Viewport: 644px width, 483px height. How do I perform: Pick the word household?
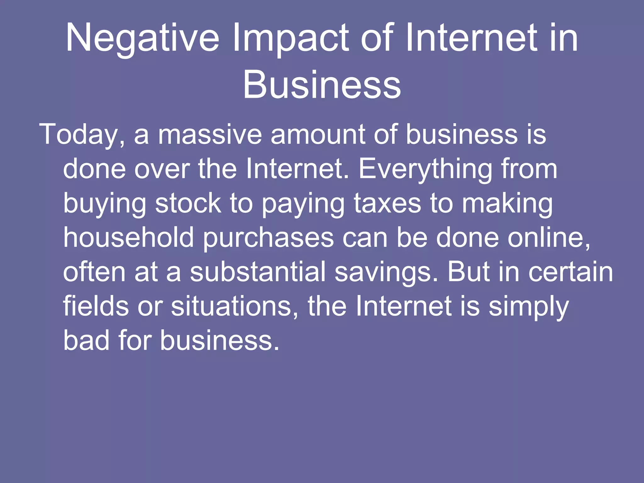[x=129, y=238]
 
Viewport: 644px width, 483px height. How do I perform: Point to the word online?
[x=549, y=238]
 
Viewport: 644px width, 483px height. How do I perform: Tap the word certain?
[x=571, y=272]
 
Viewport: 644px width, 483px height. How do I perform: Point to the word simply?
[x=529, y=307]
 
